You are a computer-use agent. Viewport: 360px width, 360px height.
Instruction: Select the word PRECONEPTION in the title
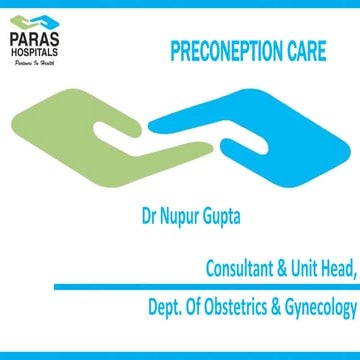[224, 50]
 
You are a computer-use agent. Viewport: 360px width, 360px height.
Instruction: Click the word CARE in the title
[305, 50]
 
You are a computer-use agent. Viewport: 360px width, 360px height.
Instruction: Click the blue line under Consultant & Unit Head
[220, 288]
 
